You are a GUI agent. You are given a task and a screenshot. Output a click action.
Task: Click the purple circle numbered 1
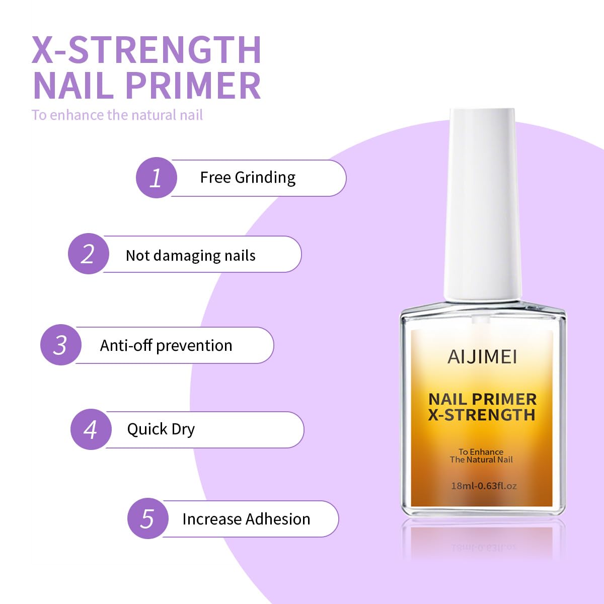(156, 178)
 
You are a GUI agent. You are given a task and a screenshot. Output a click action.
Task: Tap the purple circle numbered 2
(88, 254)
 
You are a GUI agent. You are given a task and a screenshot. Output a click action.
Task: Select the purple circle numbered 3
(60, 345)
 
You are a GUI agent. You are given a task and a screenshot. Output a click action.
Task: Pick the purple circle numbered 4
(91, 429)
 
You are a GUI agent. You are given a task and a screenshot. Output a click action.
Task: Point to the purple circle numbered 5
(147, 518)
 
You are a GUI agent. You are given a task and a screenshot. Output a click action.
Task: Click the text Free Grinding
(248, 178)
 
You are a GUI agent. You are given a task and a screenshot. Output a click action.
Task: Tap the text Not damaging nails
(190, 256)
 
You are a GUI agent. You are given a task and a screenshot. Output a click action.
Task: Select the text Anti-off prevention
(166, 346)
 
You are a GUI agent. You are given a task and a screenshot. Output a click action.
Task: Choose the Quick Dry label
(161, 429)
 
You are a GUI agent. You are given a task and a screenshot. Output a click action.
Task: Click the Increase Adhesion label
(246, 519)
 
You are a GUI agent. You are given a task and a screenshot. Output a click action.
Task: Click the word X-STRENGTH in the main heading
(146, 50)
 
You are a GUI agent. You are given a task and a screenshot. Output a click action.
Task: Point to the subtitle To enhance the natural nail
(117, 115)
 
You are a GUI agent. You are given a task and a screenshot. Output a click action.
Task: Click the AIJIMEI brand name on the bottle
(482, 357)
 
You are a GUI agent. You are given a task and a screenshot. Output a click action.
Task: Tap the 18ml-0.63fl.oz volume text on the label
(484, 486)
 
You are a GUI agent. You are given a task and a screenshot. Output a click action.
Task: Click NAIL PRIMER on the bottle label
(482, 399)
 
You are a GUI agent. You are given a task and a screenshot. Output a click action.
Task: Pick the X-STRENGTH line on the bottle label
(482, 415)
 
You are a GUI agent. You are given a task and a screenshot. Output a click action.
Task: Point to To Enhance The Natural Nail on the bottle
(481, 456)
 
